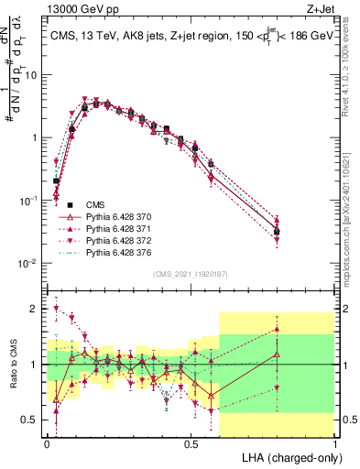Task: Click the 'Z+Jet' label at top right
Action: click(x=321, y=8)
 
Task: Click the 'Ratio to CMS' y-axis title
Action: click(x=13, y=365)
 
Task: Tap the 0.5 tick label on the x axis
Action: click(x=191, y=444)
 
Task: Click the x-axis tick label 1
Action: click(x=335, y=444)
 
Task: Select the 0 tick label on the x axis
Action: click(x=47, y=444)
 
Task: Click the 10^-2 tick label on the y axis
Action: click(x=27, y=263)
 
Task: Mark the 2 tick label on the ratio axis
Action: click(x=36, y=309)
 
